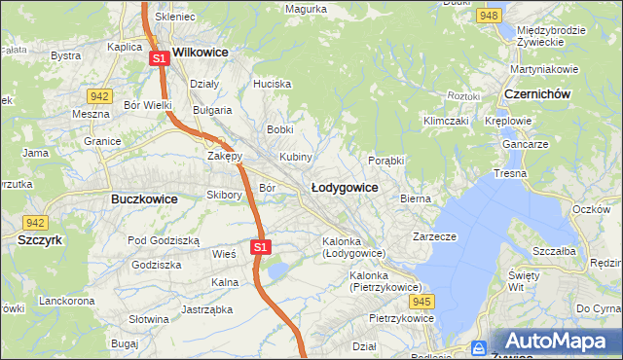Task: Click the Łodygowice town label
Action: coord(344,186)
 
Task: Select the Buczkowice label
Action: coord(137,198)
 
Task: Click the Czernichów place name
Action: coord(537,93)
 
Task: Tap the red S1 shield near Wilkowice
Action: coord(161,59)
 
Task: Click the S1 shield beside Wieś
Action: coord(259,247)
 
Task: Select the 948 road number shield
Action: coord(490,16)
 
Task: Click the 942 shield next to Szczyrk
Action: coord(36,222)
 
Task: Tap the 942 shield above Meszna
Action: coord(98,95)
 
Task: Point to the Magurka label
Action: coord(306,9)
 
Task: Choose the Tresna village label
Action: coord(510,173)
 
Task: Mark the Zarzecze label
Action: coord(434,236)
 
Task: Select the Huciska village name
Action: coord(273,84)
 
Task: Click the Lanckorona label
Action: coord(66,301)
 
